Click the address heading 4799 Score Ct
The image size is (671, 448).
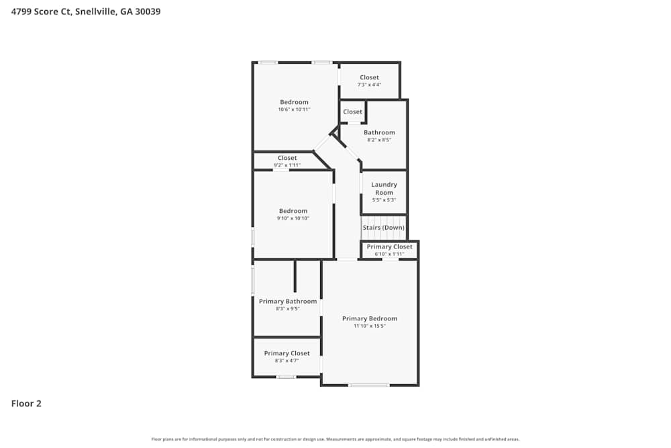click(85, 11)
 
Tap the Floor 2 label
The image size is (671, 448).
click(26, 404)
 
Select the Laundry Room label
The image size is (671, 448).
click(384, 188)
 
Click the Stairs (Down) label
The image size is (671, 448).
click(384, 228)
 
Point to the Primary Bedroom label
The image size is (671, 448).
click(370, 318)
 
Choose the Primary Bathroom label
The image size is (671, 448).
click(288, 302)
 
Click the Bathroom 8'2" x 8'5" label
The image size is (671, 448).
click(379, 132)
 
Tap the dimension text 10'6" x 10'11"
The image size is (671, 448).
click(294, 109)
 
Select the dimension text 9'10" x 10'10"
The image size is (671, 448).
click(293, 218)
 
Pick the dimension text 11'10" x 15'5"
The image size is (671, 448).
click(370, 326)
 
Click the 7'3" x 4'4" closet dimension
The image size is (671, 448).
click(369, 85)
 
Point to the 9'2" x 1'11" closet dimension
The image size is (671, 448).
click(287, 165)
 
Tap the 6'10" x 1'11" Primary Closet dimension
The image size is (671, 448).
click(389, 254)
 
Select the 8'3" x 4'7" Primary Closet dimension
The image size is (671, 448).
click(287, 361)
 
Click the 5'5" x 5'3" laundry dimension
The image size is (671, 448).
click(384, 199)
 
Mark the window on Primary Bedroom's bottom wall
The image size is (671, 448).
click(368, 385)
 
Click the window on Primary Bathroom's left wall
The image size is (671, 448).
click(253, 280)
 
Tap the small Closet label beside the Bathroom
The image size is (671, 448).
click(352, 111)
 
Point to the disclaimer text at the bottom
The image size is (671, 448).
click(335, 439)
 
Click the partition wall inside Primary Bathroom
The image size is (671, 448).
click(295, 275)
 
